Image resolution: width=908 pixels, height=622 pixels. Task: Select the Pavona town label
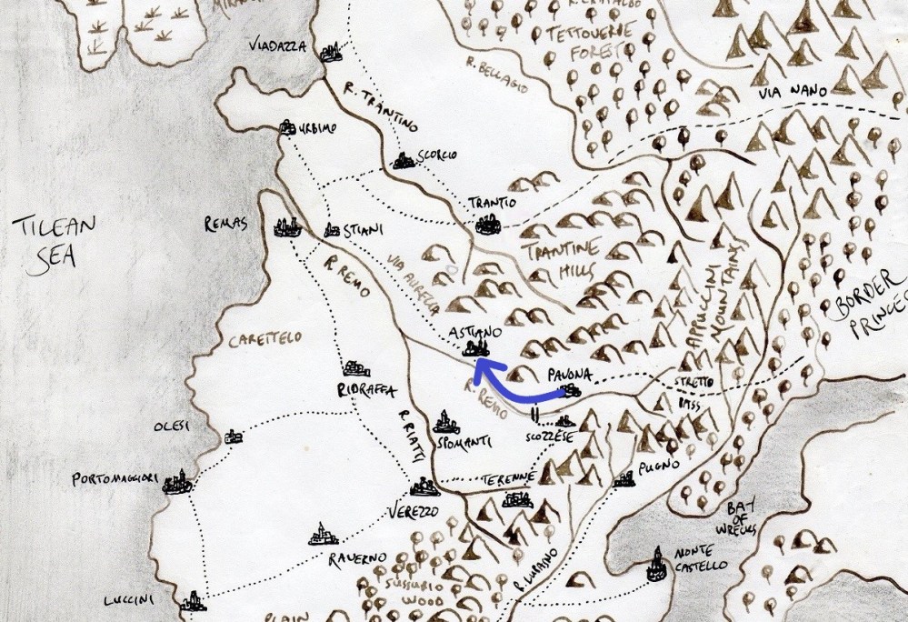pyautogui.click(x=571, y=374)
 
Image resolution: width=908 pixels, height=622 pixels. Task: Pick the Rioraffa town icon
pyautogui.click(x=355, y=369)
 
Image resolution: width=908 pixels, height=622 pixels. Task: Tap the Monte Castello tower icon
pyautogui.click(x=655, y=566)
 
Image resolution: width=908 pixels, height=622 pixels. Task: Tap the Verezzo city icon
pyautogui.click(x=421, y=487)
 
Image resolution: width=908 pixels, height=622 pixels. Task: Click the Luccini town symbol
pyautogui.click(x=192, y=600)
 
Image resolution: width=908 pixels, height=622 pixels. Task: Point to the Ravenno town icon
pyautogui.click(x=322, y=535)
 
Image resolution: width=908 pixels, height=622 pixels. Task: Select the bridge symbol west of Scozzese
pyautogui.click(x=536, y=416)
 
